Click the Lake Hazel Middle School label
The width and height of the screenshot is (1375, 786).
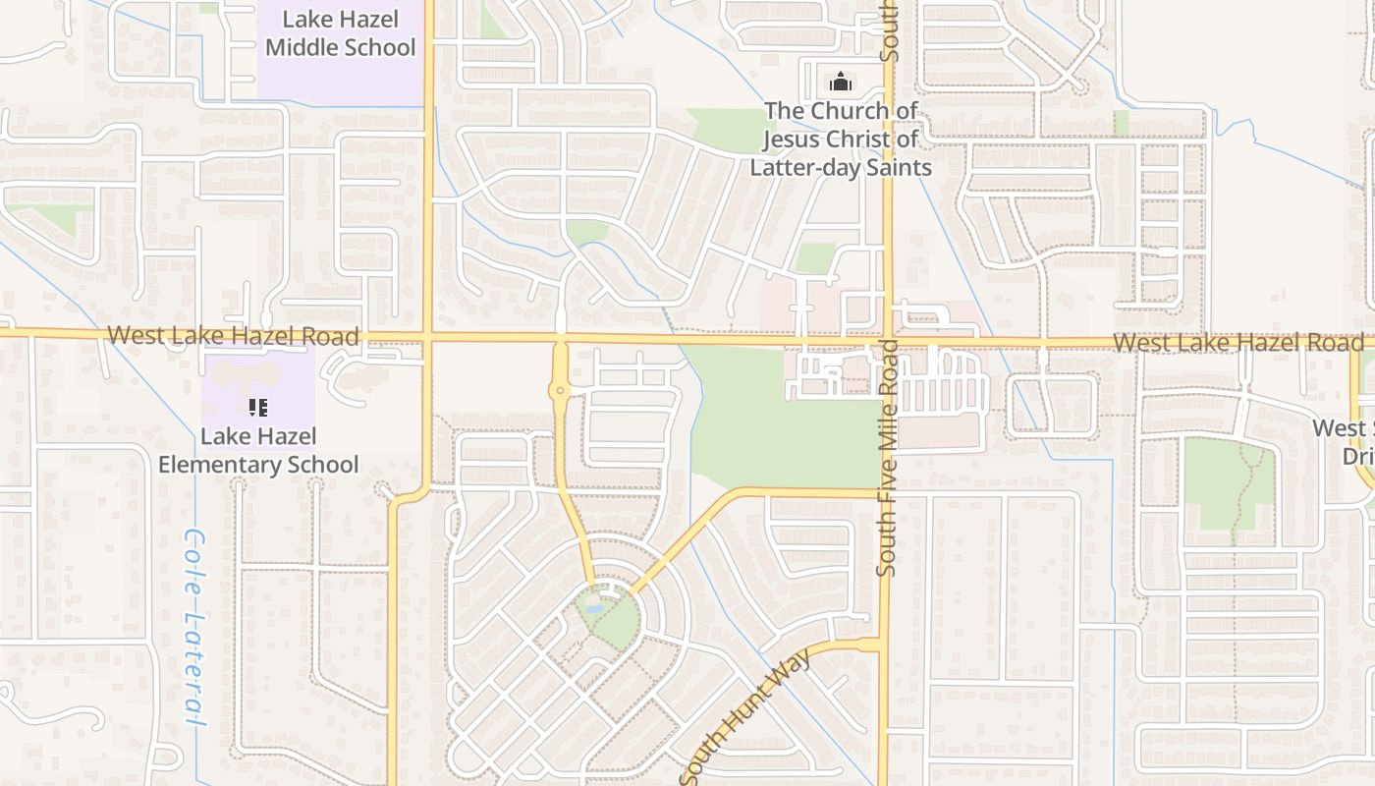pos(340,33)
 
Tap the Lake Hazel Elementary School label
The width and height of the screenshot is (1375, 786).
pos(259,450)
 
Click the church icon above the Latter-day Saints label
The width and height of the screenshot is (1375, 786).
pos(841,81)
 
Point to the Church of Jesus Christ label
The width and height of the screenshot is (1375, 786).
pos(841,139)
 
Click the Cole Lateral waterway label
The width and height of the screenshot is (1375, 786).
pos(196,629)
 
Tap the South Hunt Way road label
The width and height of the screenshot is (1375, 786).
pos(748,715)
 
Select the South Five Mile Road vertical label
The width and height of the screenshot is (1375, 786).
pos(887,458)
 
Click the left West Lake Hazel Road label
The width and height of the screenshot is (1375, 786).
pos(234,336)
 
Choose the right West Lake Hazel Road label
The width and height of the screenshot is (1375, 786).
pos(1238,343)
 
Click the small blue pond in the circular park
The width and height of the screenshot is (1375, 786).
pos(593,609)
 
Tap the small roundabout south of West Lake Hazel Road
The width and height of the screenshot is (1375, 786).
pos(561,391)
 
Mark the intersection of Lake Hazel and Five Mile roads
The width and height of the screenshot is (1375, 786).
pos(887,341)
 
